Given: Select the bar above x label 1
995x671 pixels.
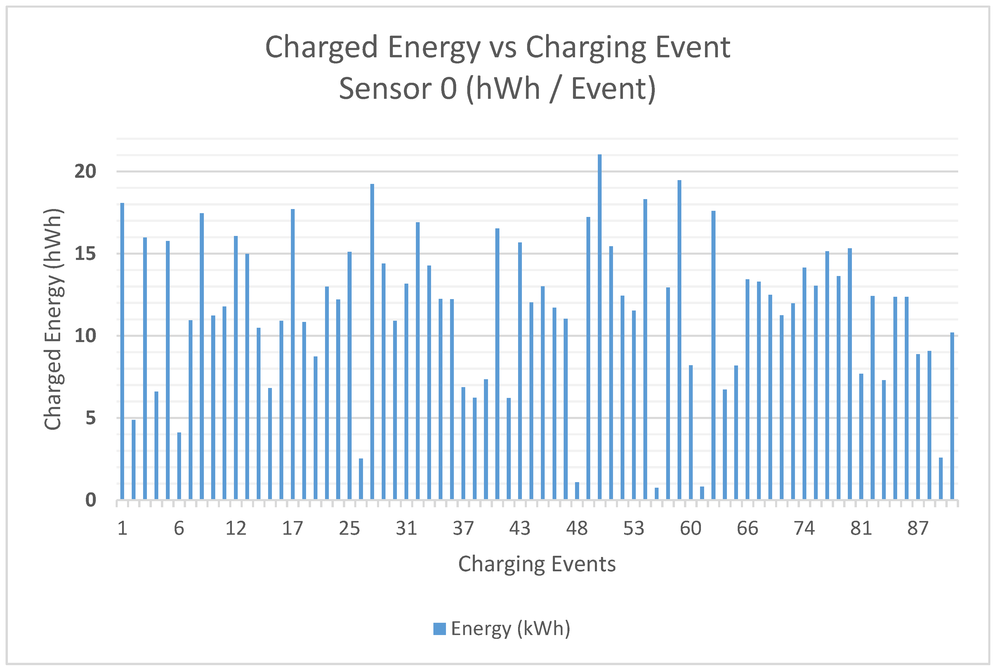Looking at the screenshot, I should click(122, 351).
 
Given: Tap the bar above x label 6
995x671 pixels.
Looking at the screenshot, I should click(179, 466).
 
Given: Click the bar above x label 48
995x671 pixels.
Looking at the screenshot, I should click(577, 491).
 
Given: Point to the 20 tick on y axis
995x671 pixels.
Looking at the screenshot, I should click(86, 172).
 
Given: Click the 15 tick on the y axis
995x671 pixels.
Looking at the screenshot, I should click(86, 254).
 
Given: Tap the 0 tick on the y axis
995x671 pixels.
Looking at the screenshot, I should click(91, 500).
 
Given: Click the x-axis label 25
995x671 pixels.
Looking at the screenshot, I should click(349, 529).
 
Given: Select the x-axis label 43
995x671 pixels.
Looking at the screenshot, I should click(520, 529).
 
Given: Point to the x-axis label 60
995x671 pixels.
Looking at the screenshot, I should click(690, 529).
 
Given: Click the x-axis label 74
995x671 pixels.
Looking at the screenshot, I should click(804, 529).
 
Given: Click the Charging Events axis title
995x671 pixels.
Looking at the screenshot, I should click(537, 564).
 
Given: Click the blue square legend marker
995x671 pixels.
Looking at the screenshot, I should click(439, 629).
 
